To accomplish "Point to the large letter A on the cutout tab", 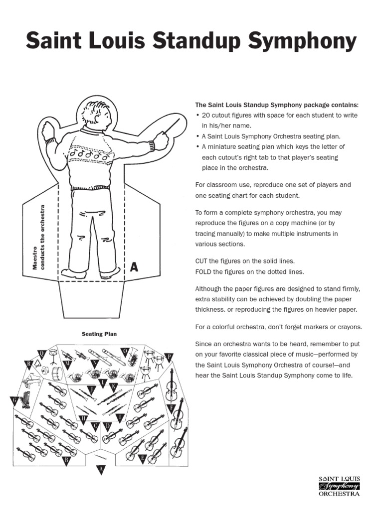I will tap(133, 267).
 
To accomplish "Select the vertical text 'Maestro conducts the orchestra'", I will tap(38, 238).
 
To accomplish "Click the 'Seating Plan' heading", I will tap(99, 334).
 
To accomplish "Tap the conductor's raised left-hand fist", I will tap(47, 132).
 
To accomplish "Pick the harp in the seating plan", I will tap(25, 398).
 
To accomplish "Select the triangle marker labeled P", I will tap(169, 357).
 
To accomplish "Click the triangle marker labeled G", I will tap(14, 400).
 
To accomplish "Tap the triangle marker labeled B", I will tap(66, 460).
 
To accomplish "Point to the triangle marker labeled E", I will tap(143, 458).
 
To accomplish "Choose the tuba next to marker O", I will tap(132, 358).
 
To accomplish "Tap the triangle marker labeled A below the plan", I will tap(101, 469).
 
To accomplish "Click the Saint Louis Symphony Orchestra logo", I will tap(339, 487).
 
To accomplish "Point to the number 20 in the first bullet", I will tap(205, 116).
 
